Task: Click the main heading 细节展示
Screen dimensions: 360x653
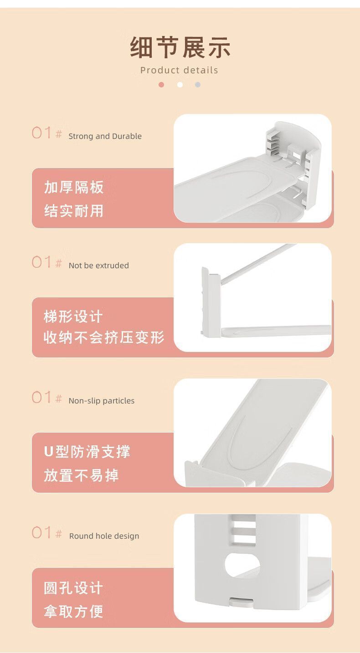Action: pyautogui.click(x=180, y=47)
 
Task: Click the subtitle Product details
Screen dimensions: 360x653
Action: pyautogui.click(x=179, y=70)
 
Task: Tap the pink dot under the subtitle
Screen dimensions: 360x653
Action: pyautogui.click(x=161, y=85)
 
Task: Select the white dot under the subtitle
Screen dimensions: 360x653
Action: pyautogui.click(x=180, y=85)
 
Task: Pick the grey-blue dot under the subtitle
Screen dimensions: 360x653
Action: pyautogui.click(x=198, y=85)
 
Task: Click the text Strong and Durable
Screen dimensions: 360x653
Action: pyautogui.click(x=105, y=136)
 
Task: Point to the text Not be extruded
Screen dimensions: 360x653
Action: pyautogui.click(x=98, y=265)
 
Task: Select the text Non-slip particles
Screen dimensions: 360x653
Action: pyautogui.click(x=102, y=401)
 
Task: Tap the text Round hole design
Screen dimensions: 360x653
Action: pyautogui.click(x=104, y=536)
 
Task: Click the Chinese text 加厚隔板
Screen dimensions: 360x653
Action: pyautogui.click(x=74, y=187)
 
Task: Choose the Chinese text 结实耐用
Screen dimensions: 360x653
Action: pyautogui.click(x=74, y=210)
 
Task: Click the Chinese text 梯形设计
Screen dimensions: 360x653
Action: pyautogui.click(x=73, y=316)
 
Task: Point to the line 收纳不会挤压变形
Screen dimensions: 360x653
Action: pyautogui.click(x=104, y=337)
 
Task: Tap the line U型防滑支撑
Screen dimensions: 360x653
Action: pyautogui.click(x=87, y=452)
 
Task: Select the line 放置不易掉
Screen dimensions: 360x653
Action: pyautogui.click(x=81, y=475)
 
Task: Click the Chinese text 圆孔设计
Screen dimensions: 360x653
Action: pyautogui.click(x=73, y=587)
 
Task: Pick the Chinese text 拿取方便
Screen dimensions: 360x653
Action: pyautogui.click(x=73, y=611)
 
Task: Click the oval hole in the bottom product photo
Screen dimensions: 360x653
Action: pyautogui.click(x=242, y=565)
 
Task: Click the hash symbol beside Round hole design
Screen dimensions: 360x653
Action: pyautogui.click(x=59, y=534)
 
